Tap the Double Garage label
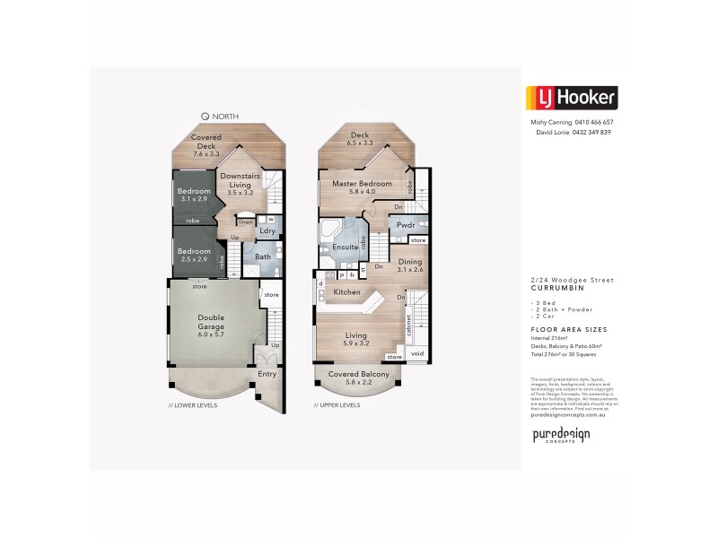211,323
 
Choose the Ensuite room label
345,247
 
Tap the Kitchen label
347,292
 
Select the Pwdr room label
392,226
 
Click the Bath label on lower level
262,257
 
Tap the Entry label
267,374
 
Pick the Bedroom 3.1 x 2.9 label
194,195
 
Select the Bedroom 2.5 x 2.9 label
194,255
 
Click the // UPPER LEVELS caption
337,405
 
